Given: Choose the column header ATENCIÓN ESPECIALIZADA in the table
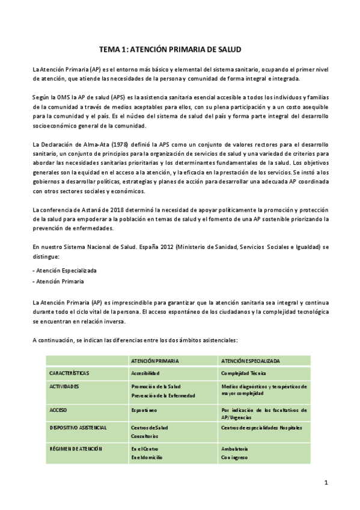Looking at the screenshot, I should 251,360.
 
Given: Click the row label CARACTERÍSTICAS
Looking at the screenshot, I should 70,373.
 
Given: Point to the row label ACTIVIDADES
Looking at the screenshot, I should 64,386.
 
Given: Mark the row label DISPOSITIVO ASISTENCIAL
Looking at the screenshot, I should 78,428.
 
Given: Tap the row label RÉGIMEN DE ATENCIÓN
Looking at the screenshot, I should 76,449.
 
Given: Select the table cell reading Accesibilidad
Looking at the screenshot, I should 147,373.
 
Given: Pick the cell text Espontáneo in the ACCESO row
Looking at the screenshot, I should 144,410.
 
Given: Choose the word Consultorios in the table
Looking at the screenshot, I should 145,436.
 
